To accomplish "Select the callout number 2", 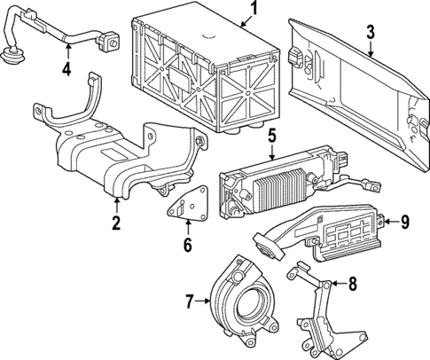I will click(115, 223).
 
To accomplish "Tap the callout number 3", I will click(371, 34).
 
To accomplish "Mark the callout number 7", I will click(188, 303).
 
